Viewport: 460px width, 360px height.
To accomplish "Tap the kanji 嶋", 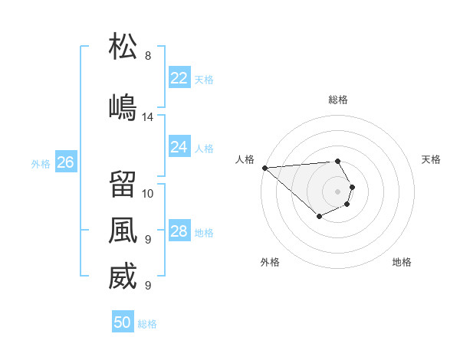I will coord(123,106).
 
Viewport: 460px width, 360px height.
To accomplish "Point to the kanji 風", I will coord(123,230).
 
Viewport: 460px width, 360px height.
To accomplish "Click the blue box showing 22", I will coord(179,78).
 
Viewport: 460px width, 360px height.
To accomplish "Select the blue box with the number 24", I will coord(179,147).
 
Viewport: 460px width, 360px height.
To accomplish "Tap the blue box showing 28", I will coord(179,231).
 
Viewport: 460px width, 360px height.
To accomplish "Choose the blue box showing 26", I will coord(66,162).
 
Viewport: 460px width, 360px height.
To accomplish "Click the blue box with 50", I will coord(123,322).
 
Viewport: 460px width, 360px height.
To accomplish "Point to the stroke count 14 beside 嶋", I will coord(148,117).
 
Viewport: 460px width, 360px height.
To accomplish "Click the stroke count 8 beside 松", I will coord(148,56).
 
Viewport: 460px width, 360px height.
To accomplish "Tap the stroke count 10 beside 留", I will coord(148,193).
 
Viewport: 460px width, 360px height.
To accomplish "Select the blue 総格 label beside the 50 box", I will coord(147,324).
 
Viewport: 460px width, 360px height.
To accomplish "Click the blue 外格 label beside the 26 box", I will coord(41,163).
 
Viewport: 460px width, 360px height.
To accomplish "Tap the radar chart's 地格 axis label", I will coord(402,262).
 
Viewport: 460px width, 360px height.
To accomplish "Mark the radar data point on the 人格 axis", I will coord(264,168).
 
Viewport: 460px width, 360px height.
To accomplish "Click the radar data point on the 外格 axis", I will coord(319,217).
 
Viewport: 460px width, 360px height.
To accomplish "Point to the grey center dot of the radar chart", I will coord(337,191).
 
